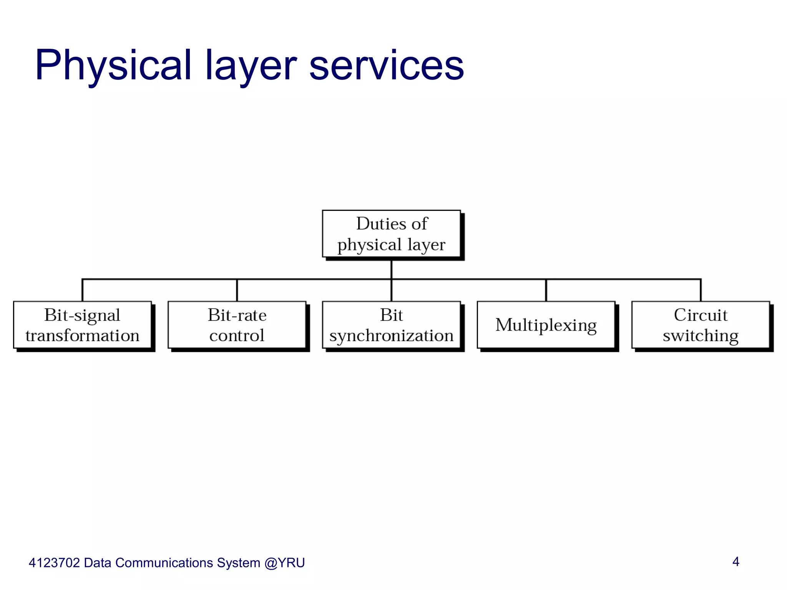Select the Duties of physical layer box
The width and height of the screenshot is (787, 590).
tap(391, 234)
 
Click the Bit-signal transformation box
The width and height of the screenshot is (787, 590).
tap(82, 325)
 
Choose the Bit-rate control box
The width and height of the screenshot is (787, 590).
tap(237, 325)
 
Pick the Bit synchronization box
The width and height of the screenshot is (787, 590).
tap(391, 325)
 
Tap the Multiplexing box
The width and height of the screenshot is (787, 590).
tap(546, 325)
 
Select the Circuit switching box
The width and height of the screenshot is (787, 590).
tap(701, 325)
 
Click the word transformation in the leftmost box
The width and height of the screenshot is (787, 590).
tap(82, 336)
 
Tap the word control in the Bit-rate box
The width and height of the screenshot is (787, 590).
tap(237, 336)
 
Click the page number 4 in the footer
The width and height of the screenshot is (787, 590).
tap(736, 562)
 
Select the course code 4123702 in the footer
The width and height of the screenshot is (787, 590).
tap(54, 563)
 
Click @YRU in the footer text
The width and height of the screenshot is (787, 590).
tap(284, 563)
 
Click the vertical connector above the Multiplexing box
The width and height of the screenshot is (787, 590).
tap(546, 290)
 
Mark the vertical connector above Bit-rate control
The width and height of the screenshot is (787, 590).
tap(237, 290)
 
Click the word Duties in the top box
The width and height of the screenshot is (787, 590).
tap(376, 224)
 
